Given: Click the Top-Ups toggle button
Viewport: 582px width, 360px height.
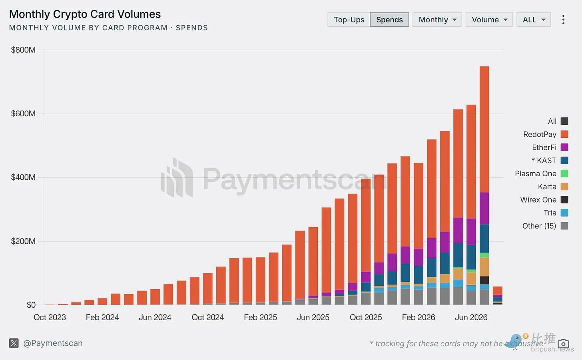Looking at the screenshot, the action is pos(349,20).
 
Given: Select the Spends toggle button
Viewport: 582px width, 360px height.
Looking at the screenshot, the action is pos(389,20).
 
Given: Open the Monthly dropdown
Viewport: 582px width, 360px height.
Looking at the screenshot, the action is pos(437,20).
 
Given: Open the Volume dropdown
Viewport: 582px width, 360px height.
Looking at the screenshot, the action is pos(489,20).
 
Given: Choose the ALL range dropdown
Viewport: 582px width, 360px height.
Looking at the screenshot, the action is pos(534,20).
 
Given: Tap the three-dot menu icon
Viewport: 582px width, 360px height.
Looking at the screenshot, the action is pos(563,20).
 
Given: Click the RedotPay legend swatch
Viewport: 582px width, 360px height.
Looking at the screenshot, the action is pos(564,134).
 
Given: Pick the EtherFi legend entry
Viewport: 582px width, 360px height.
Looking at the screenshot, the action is pos(550,147).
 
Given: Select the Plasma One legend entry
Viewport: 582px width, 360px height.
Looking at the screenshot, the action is pos(542,173).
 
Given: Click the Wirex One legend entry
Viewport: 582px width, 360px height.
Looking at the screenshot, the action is pos(544,200).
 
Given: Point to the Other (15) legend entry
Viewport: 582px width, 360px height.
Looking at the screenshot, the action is pos(545,226).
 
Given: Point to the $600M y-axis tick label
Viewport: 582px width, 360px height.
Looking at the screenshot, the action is pos(23,113).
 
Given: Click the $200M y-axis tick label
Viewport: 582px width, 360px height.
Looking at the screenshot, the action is pos(23,241).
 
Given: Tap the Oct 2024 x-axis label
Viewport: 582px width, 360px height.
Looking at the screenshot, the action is pos(207,317).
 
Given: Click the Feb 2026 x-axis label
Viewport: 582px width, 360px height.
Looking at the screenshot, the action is pos(418,317).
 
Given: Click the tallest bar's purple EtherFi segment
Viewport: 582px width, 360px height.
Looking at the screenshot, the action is pos(484,208).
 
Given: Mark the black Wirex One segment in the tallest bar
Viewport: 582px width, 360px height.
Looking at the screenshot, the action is pos(484,280).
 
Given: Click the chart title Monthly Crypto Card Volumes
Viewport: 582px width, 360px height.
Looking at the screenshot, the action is pos(85,14).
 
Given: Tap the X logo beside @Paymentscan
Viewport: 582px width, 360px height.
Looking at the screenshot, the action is pos(14,343).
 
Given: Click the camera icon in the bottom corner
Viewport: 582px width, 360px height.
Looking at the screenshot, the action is pos(563,344).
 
